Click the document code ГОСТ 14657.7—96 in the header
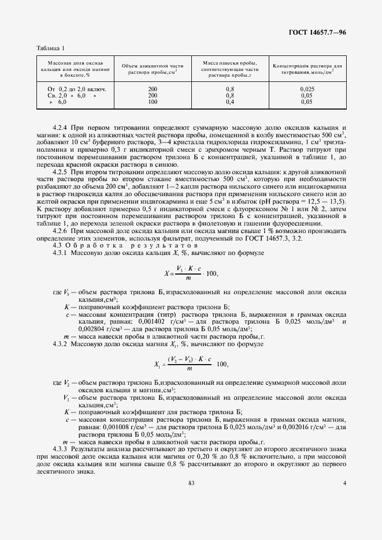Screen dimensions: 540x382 pyautogui.click(x=317, y=33)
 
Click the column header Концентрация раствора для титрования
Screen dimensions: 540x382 pyautogui.click(x=307, y=69)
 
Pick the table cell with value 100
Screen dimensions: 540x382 pyautogui.click(x=153, y=102)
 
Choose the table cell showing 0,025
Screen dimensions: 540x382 pyautogui.click(x=307, y=88)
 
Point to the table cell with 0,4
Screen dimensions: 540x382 pyautogui.click(x=229, y=102)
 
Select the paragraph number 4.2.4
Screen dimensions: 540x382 pyautogui.click(x=60, y=126)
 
